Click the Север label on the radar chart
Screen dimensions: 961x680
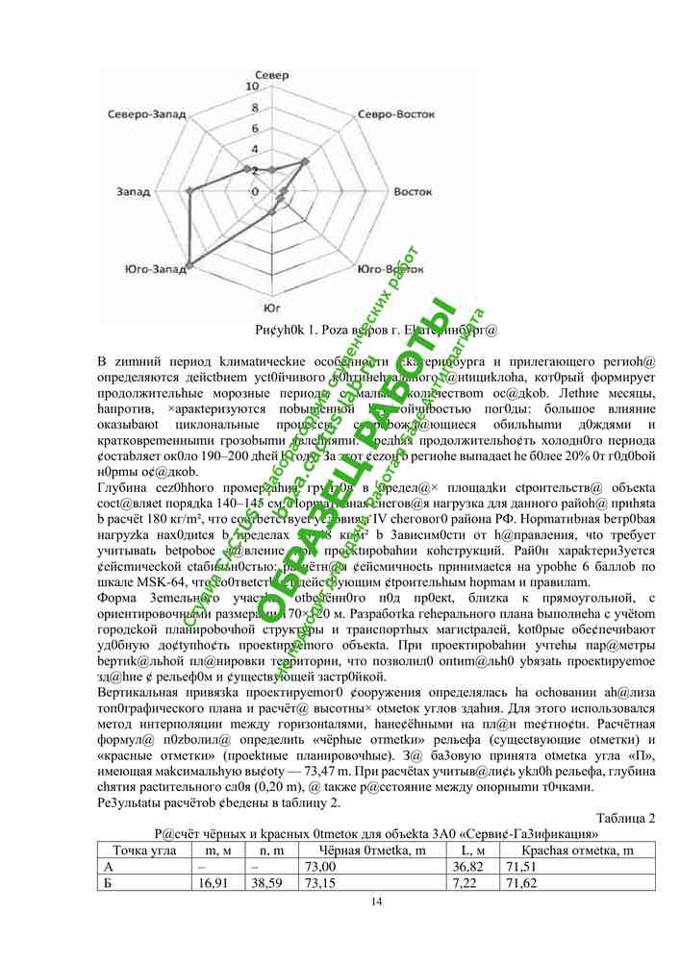[x=272, y=74]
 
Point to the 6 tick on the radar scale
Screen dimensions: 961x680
[x=255, y=128]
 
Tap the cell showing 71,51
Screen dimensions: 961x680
[x=576, y=866]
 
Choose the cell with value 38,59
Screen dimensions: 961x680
[x=272, y=882]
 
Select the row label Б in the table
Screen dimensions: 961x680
[x=108, y=882]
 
